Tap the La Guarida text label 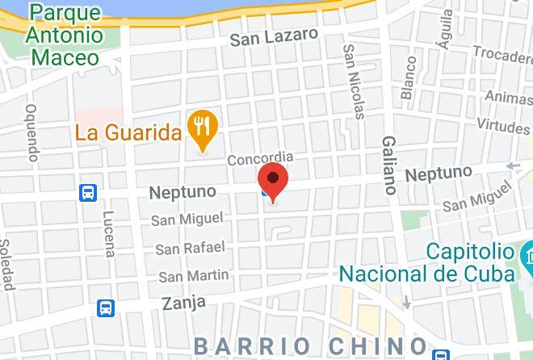click(x=127, y=131)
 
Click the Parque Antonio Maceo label click(x=64, y=36)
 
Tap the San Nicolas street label click(x=353, y=77)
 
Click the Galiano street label click(x=389, y=165)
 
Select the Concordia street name click(x=259, y=158)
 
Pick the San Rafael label click(x=185, y=248)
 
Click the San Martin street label click(x=194, y=276)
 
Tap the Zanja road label click(x=183, y=303)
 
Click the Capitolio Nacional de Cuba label click(x=427, y=262)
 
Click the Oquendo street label click(x=31, y=133)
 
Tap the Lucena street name click(x=107, y=234)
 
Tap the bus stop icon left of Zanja click(x=106, y=307)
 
